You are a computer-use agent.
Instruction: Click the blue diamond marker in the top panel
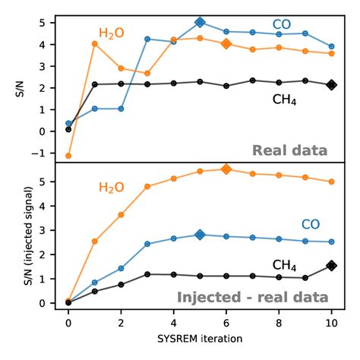[200, 23]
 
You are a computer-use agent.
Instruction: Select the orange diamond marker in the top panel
[226, 44]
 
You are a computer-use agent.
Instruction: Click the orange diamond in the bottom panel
[226, 169]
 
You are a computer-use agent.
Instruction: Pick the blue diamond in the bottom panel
[200, 235]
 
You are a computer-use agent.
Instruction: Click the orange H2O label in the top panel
[111, 33]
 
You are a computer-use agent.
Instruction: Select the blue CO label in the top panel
[282, 25]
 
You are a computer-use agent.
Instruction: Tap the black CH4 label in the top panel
[284, 99]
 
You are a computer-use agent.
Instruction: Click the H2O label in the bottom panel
[111, 188]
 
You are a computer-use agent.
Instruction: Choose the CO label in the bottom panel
[310, 224]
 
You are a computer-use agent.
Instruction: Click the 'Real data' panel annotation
[291, 150]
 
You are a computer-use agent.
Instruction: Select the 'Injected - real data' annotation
[252, 297]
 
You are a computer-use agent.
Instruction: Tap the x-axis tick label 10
[332, 322]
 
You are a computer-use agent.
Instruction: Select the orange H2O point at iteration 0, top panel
[68, 156]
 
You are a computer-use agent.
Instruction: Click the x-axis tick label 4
[173, 322]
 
